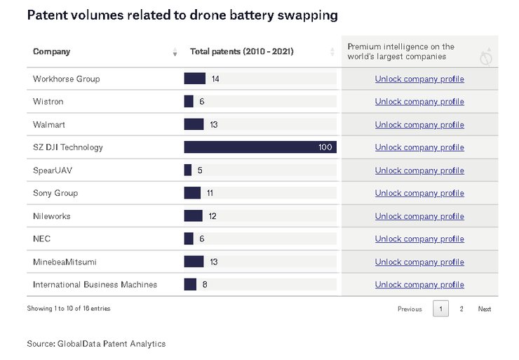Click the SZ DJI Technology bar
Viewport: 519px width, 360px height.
pos(259,147)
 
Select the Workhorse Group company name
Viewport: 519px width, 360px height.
pos(66,79)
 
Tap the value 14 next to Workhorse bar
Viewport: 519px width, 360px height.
pos(215,79)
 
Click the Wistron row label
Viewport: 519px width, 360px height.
pos(48,102)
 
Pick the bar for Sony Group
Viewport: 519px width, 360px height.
pos(192,193)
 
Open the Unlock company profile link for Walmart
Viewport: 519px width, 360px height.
pos(419,125)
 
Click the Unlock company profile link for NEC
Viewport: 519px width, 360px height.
pos(419,239)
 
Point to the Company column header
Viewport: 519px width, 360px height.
pos(51,52)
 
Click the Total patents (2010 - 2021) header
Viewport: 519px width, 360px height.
pos(241,52)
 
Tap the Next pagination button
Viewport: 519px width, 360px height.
pos(485,309)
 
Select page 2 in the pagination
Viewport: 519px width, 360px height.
pos(461,309)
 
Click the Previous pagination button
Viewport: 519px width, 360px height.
pos(410,309)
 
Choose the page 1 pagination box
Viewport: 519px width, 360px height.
pos(440,309)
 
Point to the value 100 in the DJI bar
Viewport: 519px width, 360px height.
pos(325,147)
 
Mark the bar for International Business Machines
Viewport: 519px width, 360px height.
pos(190,284)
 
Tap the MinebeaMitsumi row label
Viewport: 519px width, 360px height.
pos(65,262)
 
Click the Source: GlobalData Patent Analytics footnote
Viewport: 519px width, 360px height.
pos(96,343)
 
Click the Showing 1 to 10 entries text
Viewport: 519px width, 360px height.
pos(68,309)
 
